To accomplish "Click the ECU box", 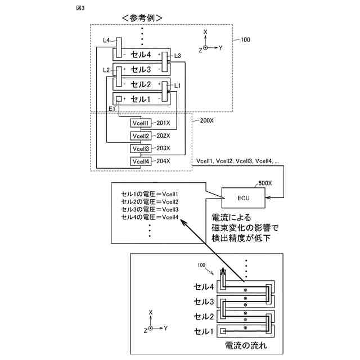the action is point(243,197).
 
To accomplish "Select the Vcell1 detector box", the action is point(141,123).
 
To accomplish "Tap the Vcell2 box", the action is point(141,136).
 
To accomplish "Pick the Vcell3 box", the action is point(141,148).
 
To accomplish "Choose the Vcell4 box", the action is point(141,161).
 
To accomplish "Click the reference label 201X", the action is point(163,123).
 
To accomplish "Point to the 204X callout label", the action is point(163,161).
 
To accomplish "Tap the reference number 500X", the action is point(265,183).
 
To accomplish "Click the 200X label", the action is point(206,120).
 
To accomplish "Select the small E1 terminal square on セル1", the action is point(119,99).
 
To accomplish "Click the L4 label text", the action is point(106,40).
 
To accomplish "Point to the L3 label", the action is point(178,56).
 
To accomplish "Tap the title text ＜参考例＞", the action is point(142,18).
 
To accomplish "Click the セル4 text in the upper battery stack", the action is point(141,55).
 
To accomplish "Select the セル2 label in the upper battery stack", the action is point(141,84).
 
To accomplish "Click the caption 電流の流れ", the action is point(246,345).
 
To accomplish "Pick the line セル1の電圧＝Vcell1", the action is point(150,194).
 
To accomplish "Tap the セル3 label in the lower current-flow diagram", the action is point(204,301).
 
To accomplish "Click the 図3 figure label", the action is point(80,8).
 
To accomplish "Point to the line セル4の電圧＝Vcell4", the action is point(150,217).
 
